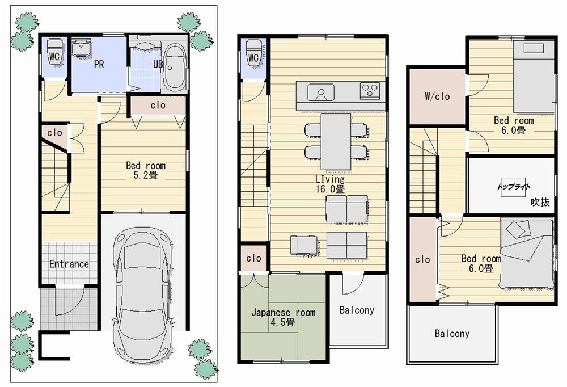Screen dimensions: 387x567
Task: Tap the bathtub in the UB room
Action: coord(174,69)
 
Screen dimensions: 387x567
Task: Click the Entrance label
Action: coord(69,264)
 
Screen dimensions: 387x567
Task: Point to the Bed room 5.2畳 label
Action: coord(146,170)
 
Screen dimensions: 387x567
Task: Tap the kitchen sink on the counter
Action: coord(320,91)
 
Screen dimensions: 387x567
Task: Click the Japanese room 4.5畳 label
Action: coord(283,317)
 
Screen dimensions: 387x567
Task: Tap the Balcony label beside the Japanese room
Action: coord(357,310)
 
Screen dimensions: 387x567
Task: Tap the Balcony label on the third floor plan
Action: coord(452,334)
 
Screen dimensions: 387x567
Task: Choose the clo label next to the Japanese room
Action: coord(253,258)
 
